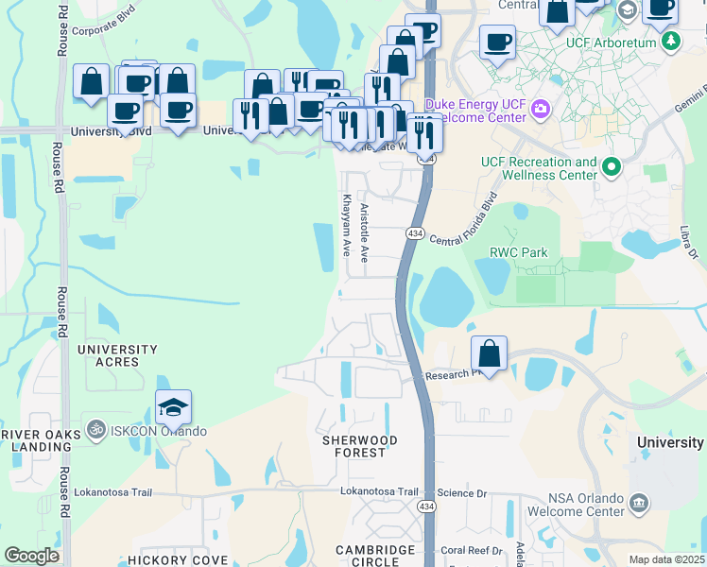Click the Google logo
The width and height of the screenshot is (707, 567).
[31, 556]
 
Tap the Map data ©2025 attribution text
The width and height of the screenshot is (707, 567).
[665, 559]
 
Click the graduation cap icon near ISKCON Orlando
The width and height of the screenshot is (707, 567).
[174, 407]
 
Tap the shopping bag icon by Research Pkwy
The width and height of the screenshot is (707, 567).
[489, 354]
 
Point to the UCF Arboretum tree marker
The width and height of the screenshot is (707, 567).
[670, 41]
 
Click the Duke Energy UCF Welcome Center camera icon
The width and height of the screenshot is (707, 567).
[541, 109]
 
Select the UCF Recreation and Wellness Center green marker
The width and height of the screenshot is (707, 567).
[612, 168]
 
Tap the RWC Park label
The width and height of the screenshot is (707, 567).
[519, 252]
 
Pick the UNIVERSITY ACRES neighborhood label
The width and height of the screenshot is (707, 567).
[117, 355]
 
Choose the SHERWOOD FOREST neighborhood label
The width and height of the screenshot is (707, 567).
[359, 446]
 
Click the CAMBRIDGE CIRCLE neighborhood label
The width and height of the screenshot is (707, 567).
[376, 556]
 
